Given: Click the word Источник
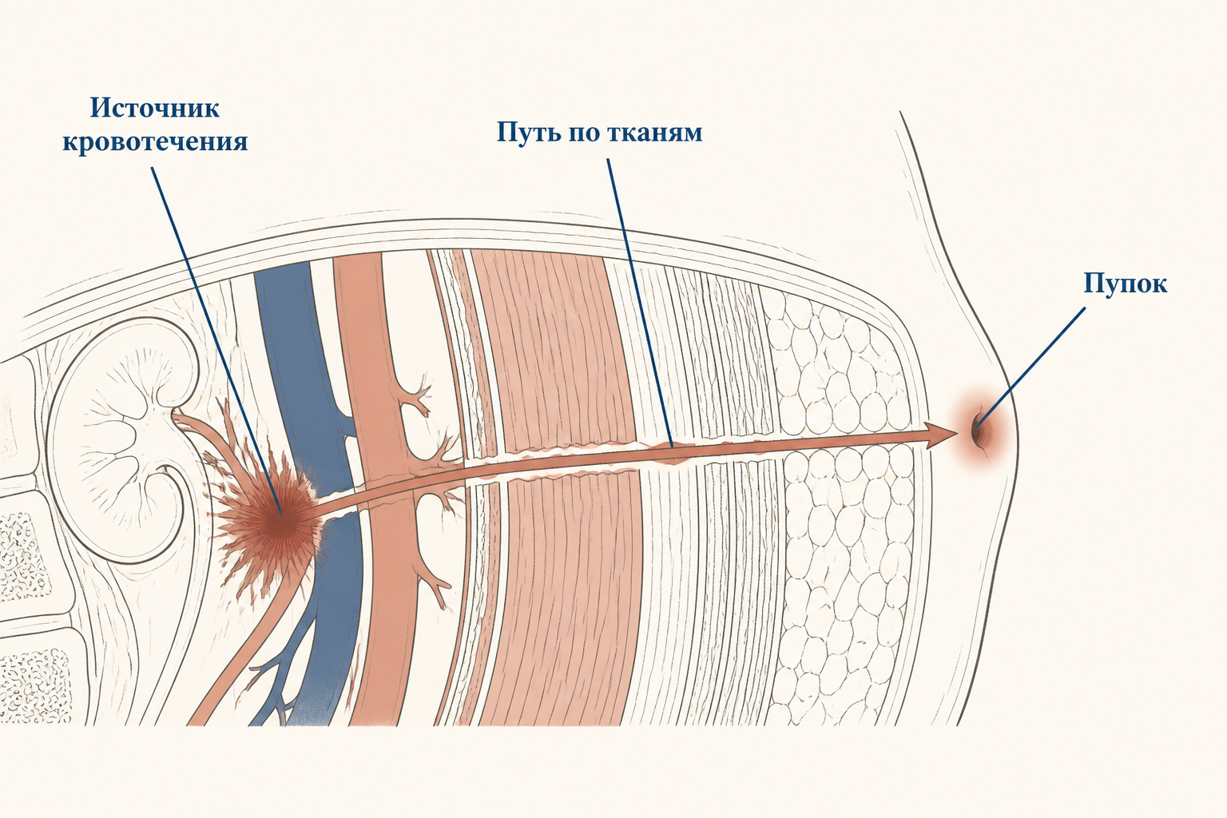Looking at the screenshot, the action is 155,108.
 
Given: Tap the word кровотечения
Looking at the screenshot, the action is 155,142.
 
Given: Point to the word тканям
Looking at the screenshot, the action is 654,133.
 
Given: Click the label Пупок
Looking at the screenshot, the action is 1126,284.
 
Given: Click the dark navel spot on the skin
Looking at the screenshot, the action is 977,430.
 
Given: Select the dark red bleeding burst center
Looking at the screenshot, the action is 280,522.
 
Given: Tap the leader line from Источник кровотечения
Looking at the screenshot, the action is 216,340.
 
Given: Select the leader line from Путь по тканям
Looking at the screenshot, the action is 640,304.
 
